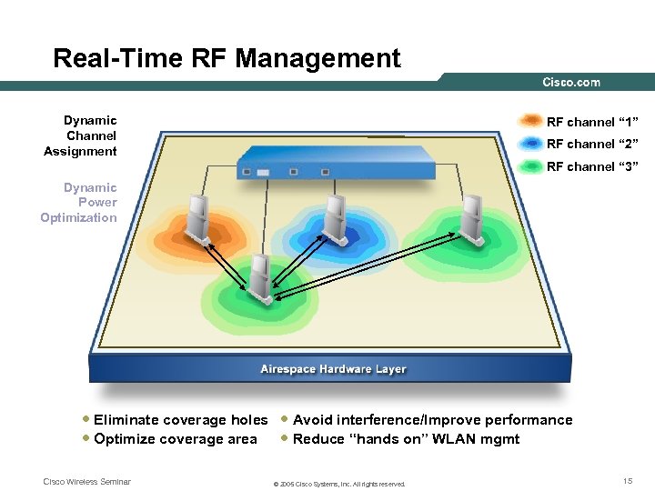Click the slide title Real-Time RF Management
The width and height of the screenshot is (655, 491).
coord(227,59)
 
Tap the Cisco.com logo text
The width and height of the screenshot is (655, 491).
coord(571,83)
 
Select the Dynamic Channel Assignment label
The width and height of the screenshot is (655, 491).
coord(81,135)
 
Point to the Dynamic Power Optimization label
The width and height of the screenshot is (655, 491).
coord(79,203)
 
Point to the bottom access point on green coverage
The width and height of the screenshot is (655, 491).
coord(259,278)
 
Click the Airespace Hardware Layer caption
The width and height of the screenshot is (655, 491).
coord(333,369)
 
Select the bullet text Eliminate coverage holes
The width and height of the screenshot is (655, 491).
coord(180,420)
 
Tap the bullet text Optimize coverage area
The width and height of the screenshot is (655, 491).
coord(175,439)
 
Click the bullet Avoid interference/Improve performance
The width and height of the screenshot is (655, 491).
coord(432,420)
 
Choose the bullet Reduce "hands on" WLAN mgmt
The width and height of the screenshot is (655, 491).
coord(406,439)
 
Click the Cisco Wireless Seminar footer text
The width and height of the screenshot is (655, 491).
coord(87,482)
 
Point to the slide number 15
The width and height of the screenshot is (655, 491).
coord(628,481)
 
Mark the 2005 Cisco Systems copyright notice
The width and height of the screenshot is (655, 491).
coord(339,484)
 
